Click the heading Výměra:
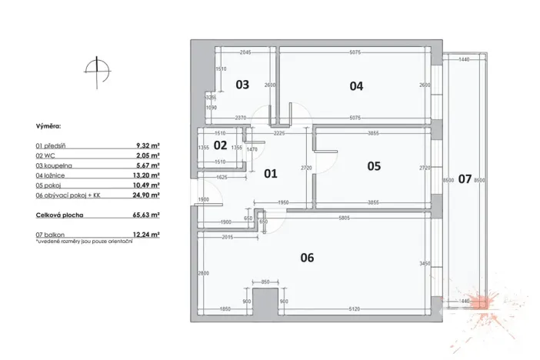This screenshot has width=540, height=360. pos(49,124)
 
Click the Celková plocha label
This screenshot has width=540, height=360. pos(58,215)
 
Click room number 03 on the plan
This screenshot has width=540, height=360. pos(242,85)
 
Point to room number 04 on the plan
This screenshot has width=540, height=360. pos(356,86)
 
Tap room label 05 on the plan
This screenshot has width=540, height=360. pos(374,165)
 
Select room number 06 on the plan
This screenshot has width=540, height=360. pos(307,258)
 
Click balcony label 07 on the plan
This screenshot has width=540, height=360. pos(465,179)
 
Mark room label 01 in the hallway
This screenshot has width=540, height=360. pos(270,174)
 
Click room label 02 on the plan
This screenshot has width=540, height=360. pos(220,145)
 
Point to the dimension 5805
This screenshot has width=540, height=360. pos(348,218)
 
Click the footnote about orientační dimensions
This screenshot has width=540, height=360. pos(84,242)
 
